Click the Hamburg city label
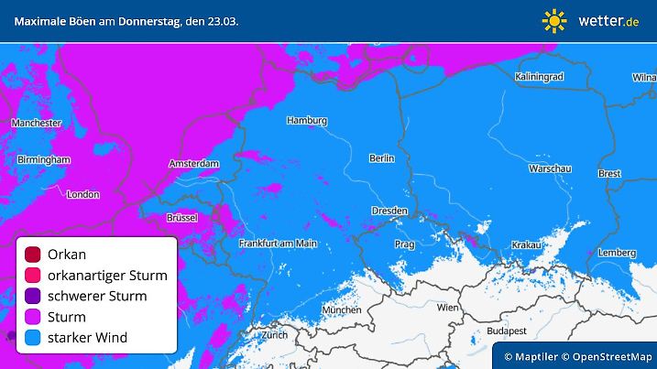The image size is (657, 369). pos(307,120)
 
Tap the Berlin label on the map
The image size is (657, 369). pos(381,158)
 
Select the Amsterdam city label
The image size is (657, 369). pos(194,164)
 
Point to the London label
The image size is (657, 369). pos(83,194)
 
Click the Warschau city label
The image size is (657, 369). pos(550,168)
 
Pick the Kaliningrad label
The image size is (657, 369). pos(539,77)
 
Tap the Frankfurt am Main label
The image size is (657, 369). pos(278,244)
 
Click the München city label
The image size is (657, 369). pos(342,310)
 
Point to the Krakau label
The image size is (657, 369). pos(527,245)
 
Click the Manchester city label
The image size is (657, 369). pos(37,123)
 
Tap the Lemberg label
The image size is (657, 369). pos(616,253)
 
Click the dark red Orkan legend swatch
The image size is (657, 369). pos(34,254)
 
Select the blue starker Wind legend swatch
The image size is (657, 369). pos(34,338)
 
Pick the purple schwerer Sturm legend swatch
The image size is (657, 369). pos(34,296)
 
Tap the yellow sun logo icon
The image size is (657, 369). pos(554,20)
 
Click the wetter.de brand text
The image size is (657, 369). pos(608,20)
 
